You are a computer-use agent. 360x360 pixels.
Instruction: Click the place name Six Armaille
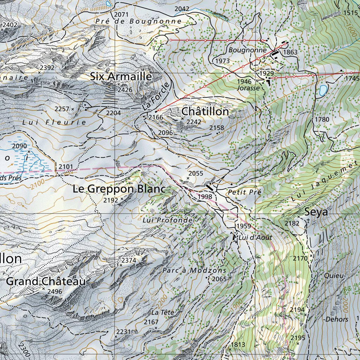click(x=121, y=76)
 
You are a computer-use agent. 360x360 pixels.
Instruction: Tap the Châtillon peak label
click(x=205, y=111)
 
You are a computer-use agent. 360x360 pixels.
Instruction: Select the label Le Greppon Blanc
click(x=119, y=189)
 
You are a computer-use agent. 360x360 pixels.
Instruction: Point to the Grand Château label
click(x=46, y=281)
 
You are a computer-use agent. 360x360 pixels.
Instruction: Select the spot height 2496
click(x=54, y=291)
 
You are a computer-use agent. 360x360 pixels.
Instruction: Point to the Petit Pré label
click(x=244, y=192)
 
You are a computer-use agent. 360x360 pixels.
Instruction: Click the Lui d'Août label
click(x=255, y=238)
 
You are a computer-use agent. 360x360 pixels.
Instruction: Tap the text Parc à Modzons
click(x=194, y=270)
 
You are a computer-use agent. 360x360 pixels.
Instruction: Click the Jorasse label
click(x=248, y=88)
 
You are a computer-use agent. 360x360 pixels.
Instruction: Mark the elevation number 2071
click(x=122, y=14)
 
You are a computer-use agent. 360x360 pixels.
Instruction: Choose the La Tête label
click(x=163, y=312)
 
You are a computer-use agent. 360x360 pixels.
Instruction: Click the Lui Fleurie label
click(x=54, y=122)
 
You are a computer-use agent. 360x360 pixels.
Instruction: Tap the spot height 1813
click(x=238, y=345)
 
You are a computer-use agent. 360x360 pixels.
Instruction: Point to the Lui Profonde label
click(x=168, y=220)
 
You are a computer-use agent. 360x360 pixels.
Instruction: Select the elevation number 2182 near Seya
click(x=292, y=223)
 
